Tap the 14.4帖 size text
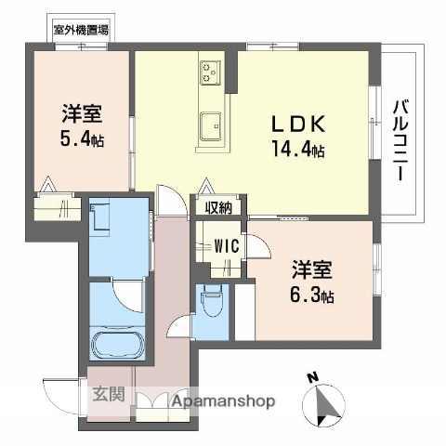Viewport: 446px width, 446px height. pyautogui.click(x=298, y=149)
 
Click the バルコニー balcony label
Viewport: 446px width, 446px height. pyautogui.click(x=401, y=138)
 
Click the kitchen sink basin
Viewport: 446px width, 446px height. pyautogui.click(x=211, y=122)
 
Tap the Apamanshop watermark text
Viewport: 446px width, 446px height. pyautogui.click(x=220, y=402)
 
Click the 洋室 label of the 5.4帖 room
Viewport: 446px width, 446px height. pyautogui.click(x=82, y=114)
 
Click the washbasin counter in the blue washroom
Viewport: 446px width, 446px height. pyautogui.click(x=104, y=223)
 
